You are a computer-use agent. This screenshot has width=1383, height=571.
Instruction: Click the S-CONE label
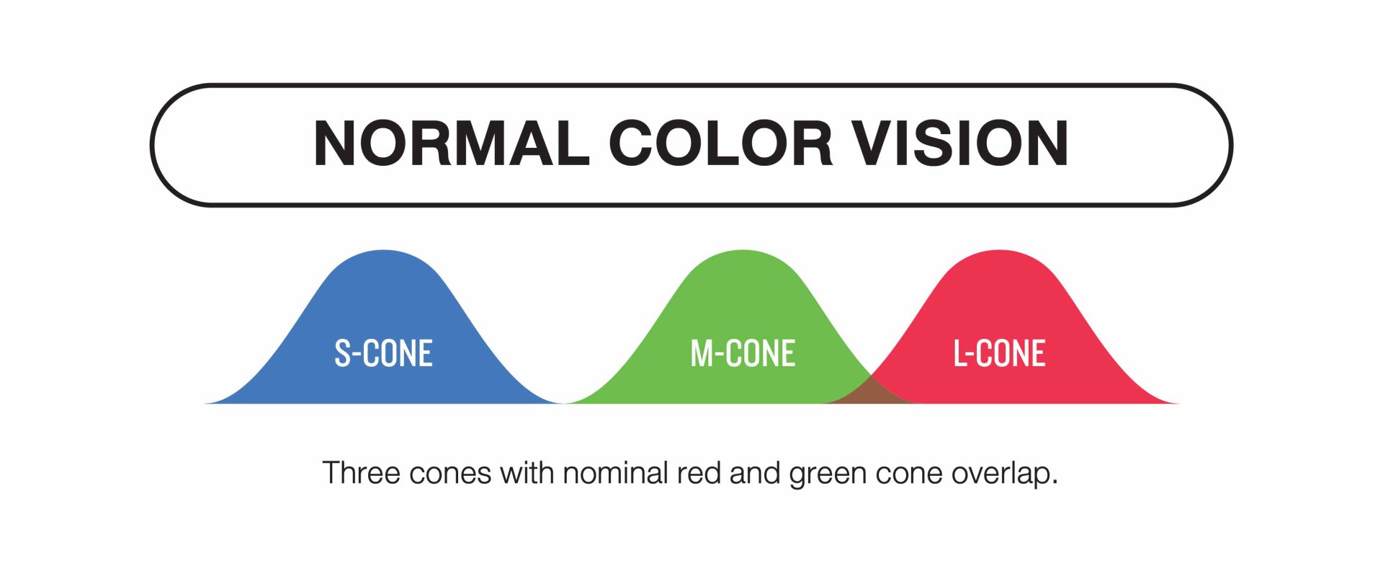[x=383, y=353]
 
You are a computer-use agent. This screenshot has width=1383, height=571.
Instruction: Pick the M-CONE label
[x=743, y=353]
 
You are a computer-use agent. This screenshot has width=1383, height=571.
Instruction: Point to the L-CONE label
[x=999, y=353]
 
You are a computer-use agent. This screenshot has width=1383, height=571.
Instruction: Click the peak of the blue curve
[x=384, y=250]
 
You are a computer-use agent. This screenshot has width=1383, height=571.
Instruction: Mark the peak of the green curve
[x=743, y=250]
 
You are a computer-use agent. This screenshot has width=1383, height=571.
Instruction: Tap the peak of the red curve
[x=999, y=250]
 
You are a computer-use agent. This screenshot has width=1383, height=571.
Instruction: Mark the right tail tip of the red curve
[x=1178, y=402]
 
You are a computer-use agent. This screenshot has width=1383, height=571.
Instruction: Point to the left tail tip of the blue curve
[x=206, y=402]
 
